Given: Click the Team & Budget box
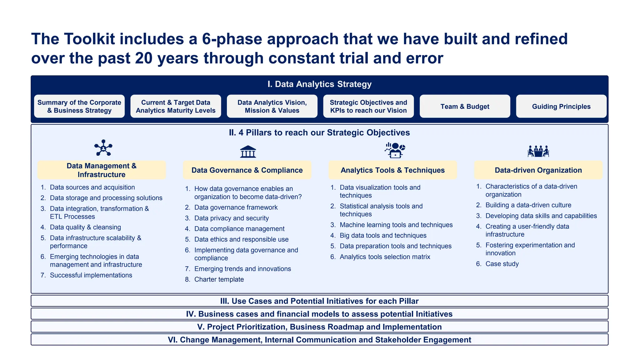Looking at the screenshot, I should pyautogui.click(x=465, y=107).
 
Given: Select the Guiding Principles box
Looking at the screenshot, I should pyautogui.click(x=561, y=107).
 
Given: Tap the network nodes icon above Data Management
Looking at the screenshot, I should pyautogui.click(x=103, y=148).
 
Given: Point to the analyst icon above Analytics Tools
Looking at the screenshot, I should pyautogui.click(x=395, y=150).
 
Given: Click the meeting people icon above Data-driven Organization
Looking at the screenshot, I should pyautogui.click(x=538, y=151).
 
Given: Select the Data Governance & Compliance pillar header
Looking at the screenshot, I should pyautogui.click(x=247, y=170).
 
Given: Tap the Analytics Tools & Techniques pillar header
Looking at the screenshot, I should pyautogui.click(x=392, y=170).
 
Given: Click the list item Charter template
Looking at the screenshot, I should pyautogui.click(x=219, y=279).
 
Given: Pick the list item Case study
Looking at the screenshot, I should pyautogui.click(x=502, y=264).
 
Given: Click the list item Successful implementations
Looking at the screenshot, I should pyautogui.click(x=91, y=275).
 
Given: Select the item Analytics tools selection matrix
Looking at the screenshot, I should pyautogui.click(x=385, y=257).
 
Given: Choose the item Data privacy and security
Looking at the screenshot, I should pyautogui.click(x=231, y=218).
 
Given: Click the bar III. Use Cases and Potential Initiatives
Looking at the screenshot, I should pyautogui.click(x=319, y=301).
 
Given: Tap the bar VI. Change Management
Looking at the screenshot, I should pyautogui.click(x=319, y=340).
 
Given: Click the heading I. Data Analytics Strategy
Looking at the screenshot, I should pyautogui.click(x=319, y=84).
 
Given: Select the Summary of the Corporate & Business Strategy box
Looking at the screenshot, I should pyautogui.click(x=79, y=107).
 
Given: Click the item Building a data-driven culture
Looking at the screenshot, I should pyautogui.click(x=528, y=205).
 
